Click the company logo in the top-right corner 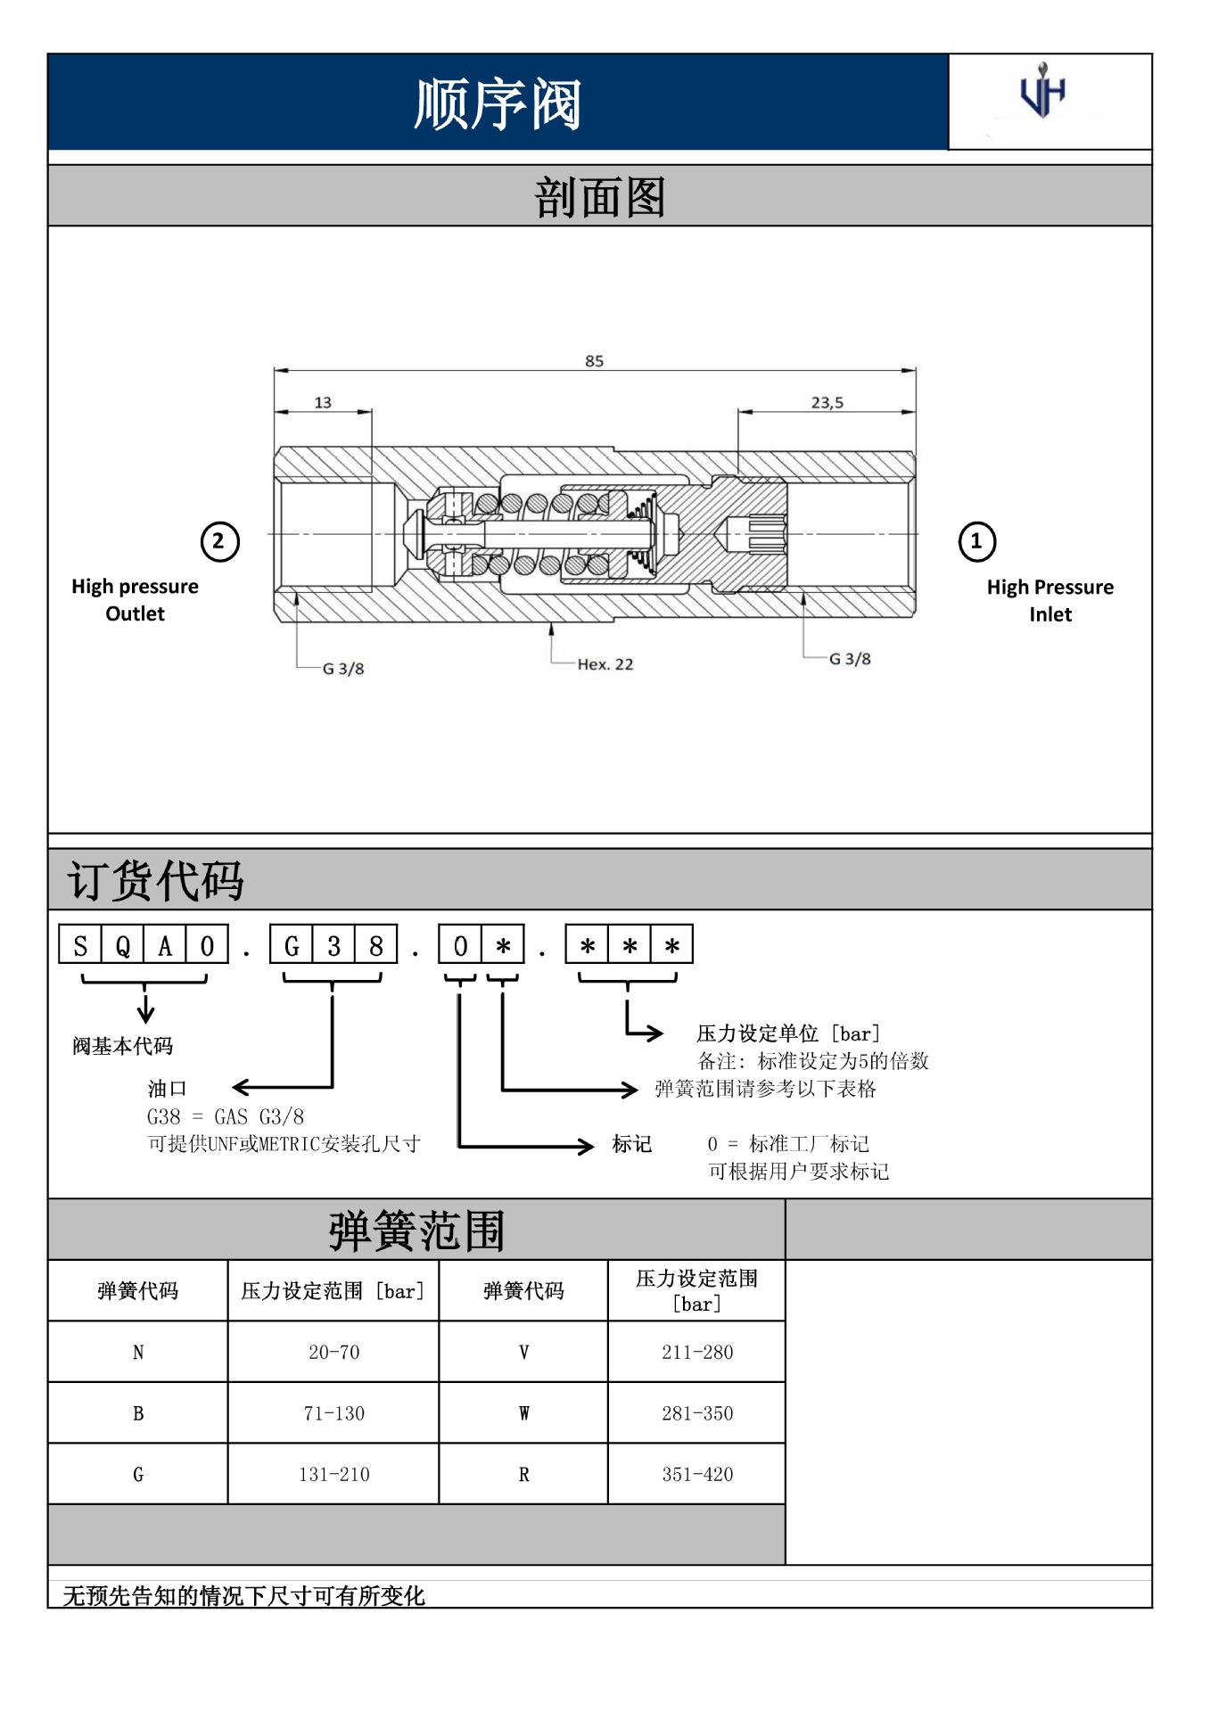[x=1042, y=92]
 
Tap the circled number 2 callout [x=219, y=541]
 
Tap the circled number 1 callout [x=976, y=541]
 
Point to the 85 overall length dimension [x=594, y=361]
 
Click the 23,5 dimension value [x=827, y=402]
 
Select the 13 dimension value [x=323, y=402]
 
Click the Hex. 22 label [x=605, y=664]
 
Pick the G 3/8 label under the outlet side [x=343, y=669]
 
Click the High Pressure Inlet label [x=1049, y=600]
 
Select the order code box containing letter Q [x=123, y=945]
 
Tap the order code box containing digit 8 [x=376, y=945]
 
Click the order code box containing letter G [x=292, y=945]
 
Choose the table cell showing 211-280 [x=697, y=1352]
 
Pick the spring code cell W [x=523, y=1413]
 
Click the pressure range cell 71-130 [x=334, y=1413]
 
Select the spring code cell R [x=523, y=1475]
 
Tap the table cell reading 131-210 [x=334, y=1475]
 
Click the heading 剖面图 [x=599, y=197]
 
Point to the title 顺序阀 [x=498, y=103]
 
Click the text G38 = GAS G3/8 [x=226, y=1116]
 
